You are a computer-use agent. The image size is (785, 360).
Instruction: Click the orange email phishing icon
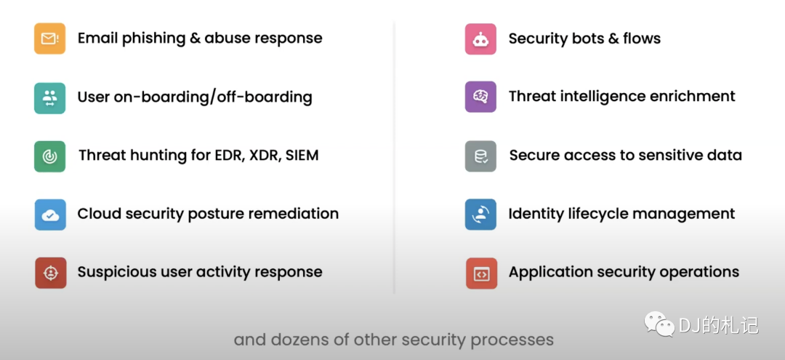(x=49, y=39)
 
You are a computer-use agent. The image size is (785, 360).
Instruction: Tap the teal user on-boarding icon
(x=49, y=97)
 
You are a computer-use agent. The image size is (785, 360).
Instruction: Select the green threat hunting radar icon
(x=49, y=156)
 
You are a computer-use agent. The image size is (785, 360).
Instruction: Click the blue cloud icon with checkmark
(x=50, y=215)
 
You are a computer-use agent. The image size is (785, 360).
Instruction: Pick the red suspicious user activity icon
(x=51, y=273)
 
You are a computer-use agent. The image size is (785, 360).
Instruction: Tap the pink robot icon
(x=480, y=39)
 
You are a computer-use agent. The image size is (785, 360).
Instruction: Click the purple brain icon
(x=480, y=97)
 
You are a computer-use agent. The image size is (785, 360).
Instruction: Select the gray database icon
(x=480, y=156)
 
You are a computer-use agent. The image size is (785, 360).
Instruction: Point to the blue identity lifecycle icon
(x=480, y=215)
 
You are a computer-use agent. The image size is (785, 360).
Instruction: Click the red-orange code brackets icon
(x=482, y=273)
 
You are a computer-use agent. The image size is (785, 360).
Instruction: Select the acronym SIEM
(x=302, y=155)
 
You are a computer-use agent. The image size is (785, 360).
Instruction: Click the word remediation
(x=294, y=213)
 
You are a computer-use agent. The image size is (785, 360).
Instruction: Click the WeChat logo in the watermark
(x=659, y=324)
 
